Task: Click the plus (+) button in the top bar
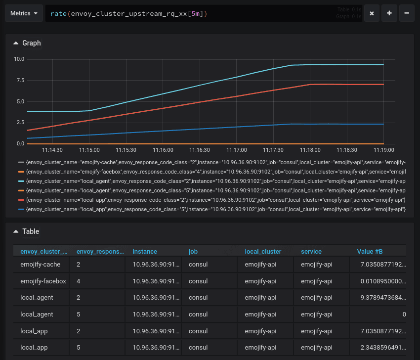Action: point(389,13)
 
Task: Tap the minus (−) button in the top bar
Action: point(406,13)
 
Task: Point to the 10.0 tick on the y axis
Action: point(19,59)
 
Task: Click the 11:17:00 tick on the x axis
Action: point(237,150)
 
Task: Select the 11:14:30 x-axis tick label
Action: point(52,150)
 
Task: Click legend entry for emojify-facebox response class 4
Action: point(215,172)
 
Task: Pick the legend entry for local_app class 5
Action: point(215,210)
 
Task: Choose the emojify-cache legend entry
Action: point(215,162)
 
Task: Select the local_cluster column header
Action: point(263,252)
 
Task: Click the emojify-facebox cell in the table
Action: point(43,281)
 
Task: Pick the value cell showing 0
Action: point(404,314)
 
